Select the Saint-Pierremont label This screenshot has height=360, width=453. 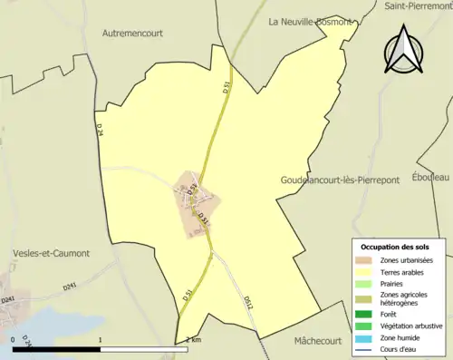click(x=418, y=5)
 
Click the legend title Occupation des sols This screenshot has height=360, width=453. click(x=397, y=247)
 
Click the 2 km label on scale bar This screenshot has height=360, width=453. click(x=193, y=338)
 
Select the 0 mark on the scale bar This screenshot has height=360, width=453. click(x=14, y=338)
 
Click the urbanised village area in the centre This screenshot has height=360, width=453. click(x=198, y=204)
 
